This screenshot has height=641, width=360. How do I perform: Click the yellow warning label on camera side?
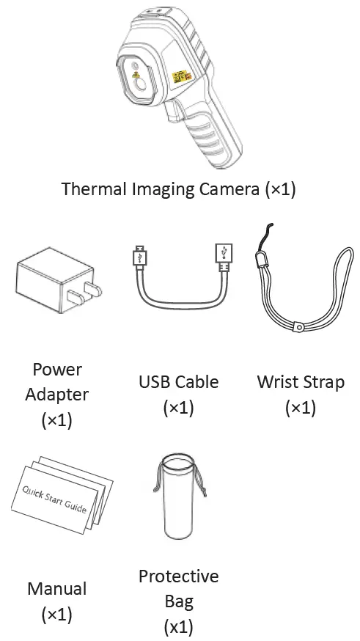coord(179,78)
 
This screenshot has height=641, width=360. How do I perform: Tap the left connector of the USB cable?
coord(138,257)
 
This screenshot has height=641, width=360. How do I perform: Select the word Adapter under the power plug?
coord(56,395)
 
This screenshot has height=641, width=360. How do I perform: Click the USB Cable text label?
coord(178,382)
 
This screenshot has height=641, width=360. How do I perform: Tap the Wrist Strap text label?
coord(300,382)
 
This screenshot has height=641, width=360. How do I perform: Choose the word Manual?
coord(56,589)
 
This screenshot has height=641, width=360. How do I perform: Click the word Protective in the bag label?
coord(178,576)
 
